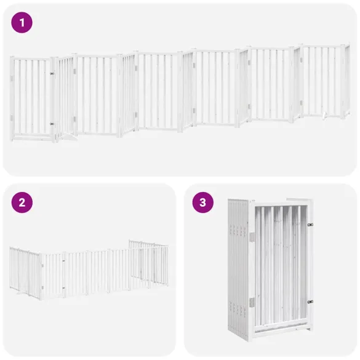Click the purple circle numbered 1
pos(22,23)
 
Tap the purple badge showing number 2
pos(22,202)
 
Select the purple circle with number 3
pos(202,202)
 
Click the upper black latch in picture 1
pos(52,74)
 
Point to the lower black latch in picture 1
pos(52,124)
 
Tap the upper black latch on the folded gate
pos(310,225)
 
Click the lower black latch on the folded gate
pos(310,302)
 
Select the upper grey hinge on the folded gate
pos(252,238)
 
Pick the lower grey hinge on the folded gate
pos(252,302)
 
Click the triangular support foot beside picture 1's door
pos(68,137)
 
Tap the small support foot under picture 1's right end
pos(324,116)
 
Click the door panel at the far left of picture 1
pos(31,98)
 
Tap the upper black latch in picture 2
pos(63,261)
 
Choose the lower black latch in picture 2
pos(63,287)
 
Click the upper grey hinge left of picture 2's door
pos(42,265)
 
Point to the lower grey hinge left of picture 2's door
pos(42,287)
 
